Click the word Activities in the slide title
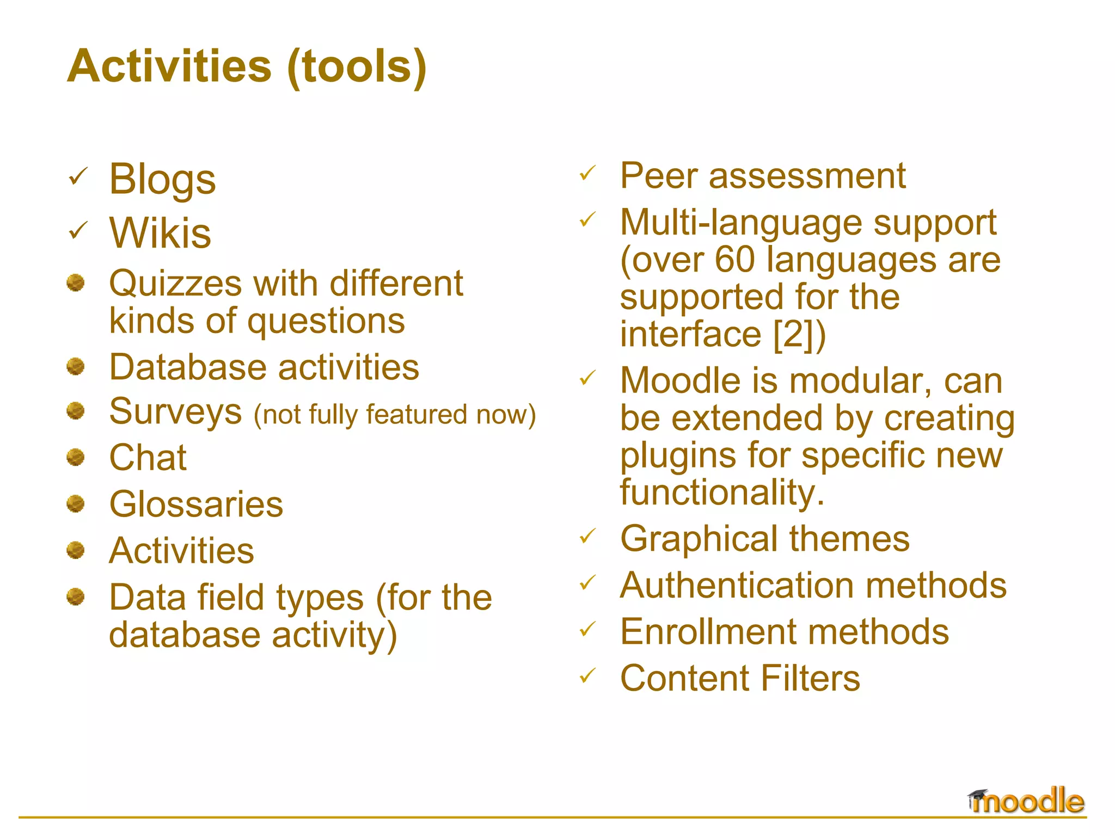169,66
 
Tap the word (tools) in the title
357,66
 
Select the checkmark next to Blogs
78,176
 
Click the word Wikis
160,233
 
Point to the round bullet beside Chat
76,457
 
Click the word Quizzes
175,284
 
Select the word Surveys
175,412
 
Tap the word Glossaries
196,504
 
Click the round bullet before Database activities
76,366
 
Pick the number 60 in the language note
734,260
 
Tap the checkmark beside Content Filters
588,676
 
